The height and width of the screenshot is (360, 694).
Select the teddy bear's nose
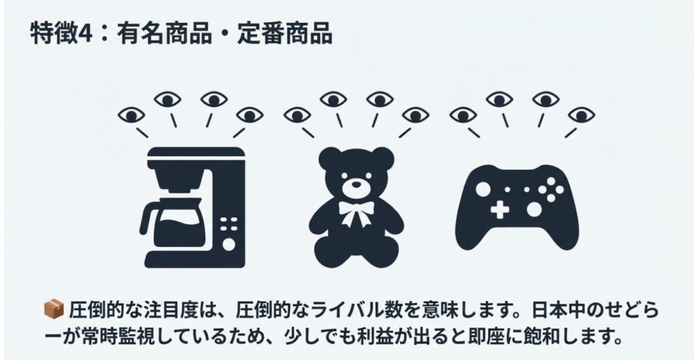pyautogui.click(x=355, y=184)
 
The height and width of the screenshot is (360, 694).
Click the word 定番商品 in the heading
pyautogui.click(x=284, y=34)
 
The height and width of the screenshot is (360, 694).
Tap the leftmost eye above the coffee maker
pyautogui.click(x=132, y=115)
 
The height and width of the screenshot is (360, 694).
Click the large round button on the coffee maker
pyautogui.click(x=230, y=243)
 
